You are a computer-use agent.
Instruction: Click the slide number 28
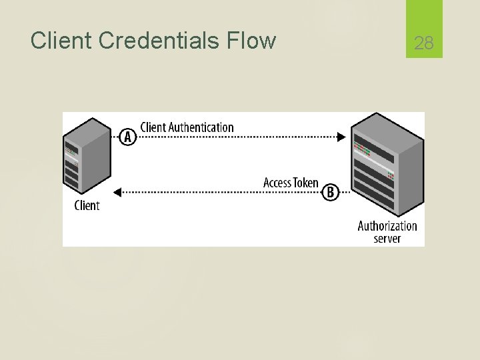(x=424, y=44)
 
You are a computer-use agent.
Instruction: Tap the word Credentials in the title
(x=157, y=41)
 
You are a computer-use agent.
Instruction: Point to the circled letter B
(x=330, y=193)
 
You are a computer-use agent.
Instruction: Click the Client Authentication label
(x=187, y=127)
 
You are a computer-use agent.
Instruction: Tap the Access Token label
(x=291, y=183)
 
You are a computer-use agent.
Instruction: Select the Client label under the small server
(x=87, y=205)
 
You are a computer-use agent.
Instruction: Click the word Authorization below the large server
(x=387, y=226)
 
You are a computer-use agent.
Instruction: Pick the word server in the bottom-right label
(x=387, y=239)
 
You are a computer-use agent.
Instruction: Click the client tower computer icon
(x=87, y=156)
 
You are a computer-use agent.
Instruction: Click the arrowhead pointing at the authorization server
(x=341, y=137)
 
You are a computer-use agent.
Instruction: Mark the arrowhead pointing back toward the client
(x=117, y=193)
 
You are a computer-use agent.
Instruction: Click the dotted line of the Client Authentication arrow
(x=240, y=137)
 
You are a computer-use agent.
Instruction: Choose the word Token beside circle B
(x=306, y=183)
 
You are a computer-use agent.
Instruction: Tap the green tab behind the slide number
(x=424, y=20)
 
